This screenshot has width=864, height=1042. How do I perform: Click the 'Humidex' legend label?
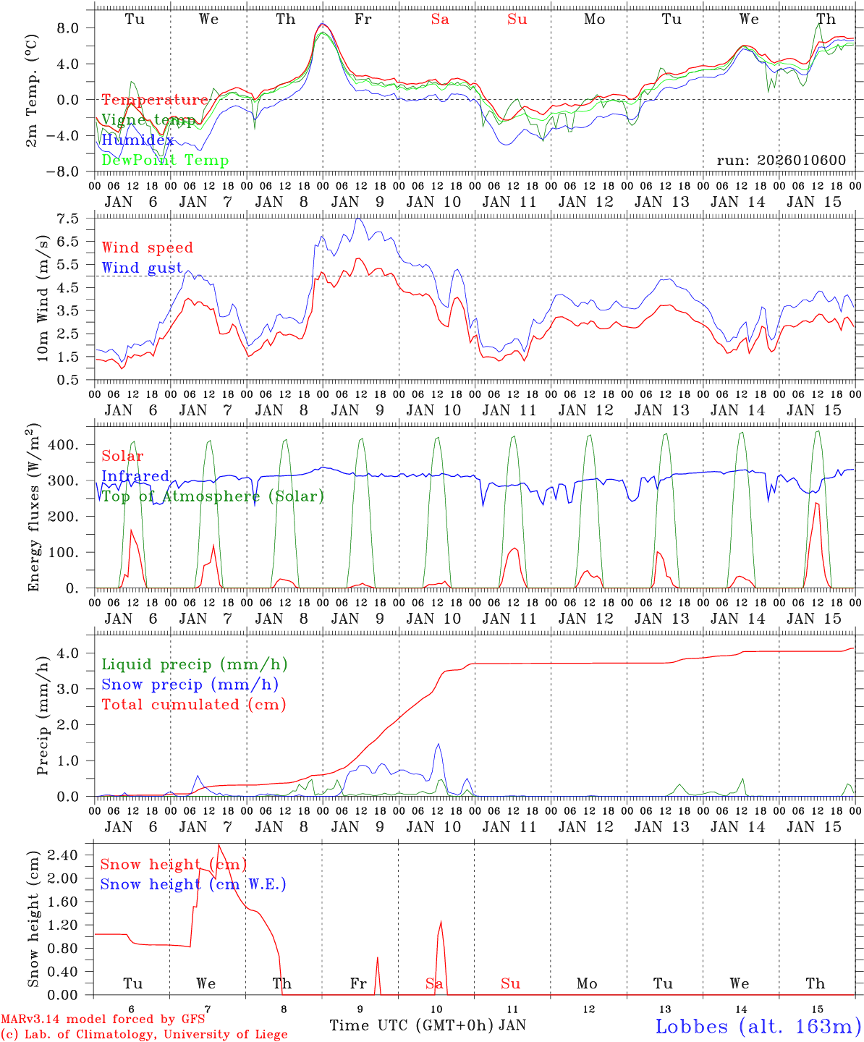point(137,140)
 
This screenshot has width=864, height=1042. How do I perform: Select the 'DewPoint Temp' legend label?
point(165,161)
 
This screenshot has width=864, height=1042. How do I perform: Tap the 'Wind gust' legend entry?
point(142,268)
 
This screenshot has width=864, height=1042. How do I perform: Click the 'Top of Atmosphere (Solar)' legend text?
point(213,496)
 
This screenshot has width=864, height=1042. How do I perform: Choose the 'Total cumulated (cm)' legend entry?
point(193,705)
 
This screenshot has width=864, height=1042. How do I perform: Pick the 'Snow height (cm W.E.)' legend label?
point(192,884)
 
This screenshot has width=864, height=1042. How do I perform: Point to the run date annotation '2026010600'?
point(782,161)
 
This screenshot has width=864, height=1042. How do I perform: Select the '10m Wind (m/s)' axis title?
point(43,298)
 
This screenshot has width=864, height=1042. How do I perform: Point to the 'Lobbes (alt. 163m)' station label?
point(758,1026)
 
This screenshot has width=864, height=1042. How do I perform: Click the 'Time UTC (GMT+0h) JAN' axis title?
point(428,1025)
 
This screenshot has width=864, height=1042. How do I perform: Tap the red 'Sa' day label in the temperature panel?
point(440,20)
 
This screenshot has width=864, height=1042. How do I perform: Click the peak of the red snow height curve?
point(219,844)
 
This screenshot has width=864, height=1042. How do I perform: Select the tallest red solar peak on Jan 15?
point(816,503)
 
